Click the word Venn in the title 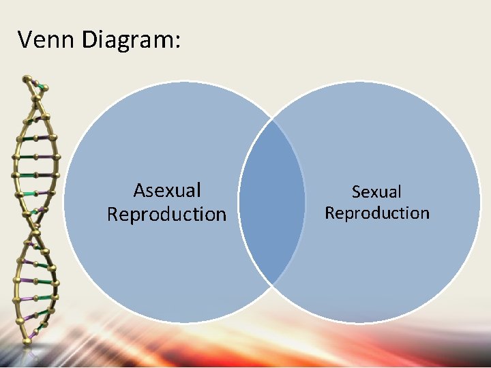(x=46, y=40)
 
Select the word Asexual (x=167, y=190)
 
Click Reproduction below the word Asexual (x=166, y=214)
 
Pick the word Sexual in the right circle (x=376, y=192)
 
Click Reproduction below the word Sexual (x=377, y=213)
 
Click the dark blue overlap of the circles (x=271, y=202)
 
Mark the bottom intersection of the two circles (x=272, y=284)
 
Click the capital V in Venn (x=25, y=40)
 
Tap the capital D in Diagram (x=88, y=40)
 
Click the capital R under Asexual (x=113, y=214)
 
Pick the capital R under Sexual (x=330, y=213)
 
